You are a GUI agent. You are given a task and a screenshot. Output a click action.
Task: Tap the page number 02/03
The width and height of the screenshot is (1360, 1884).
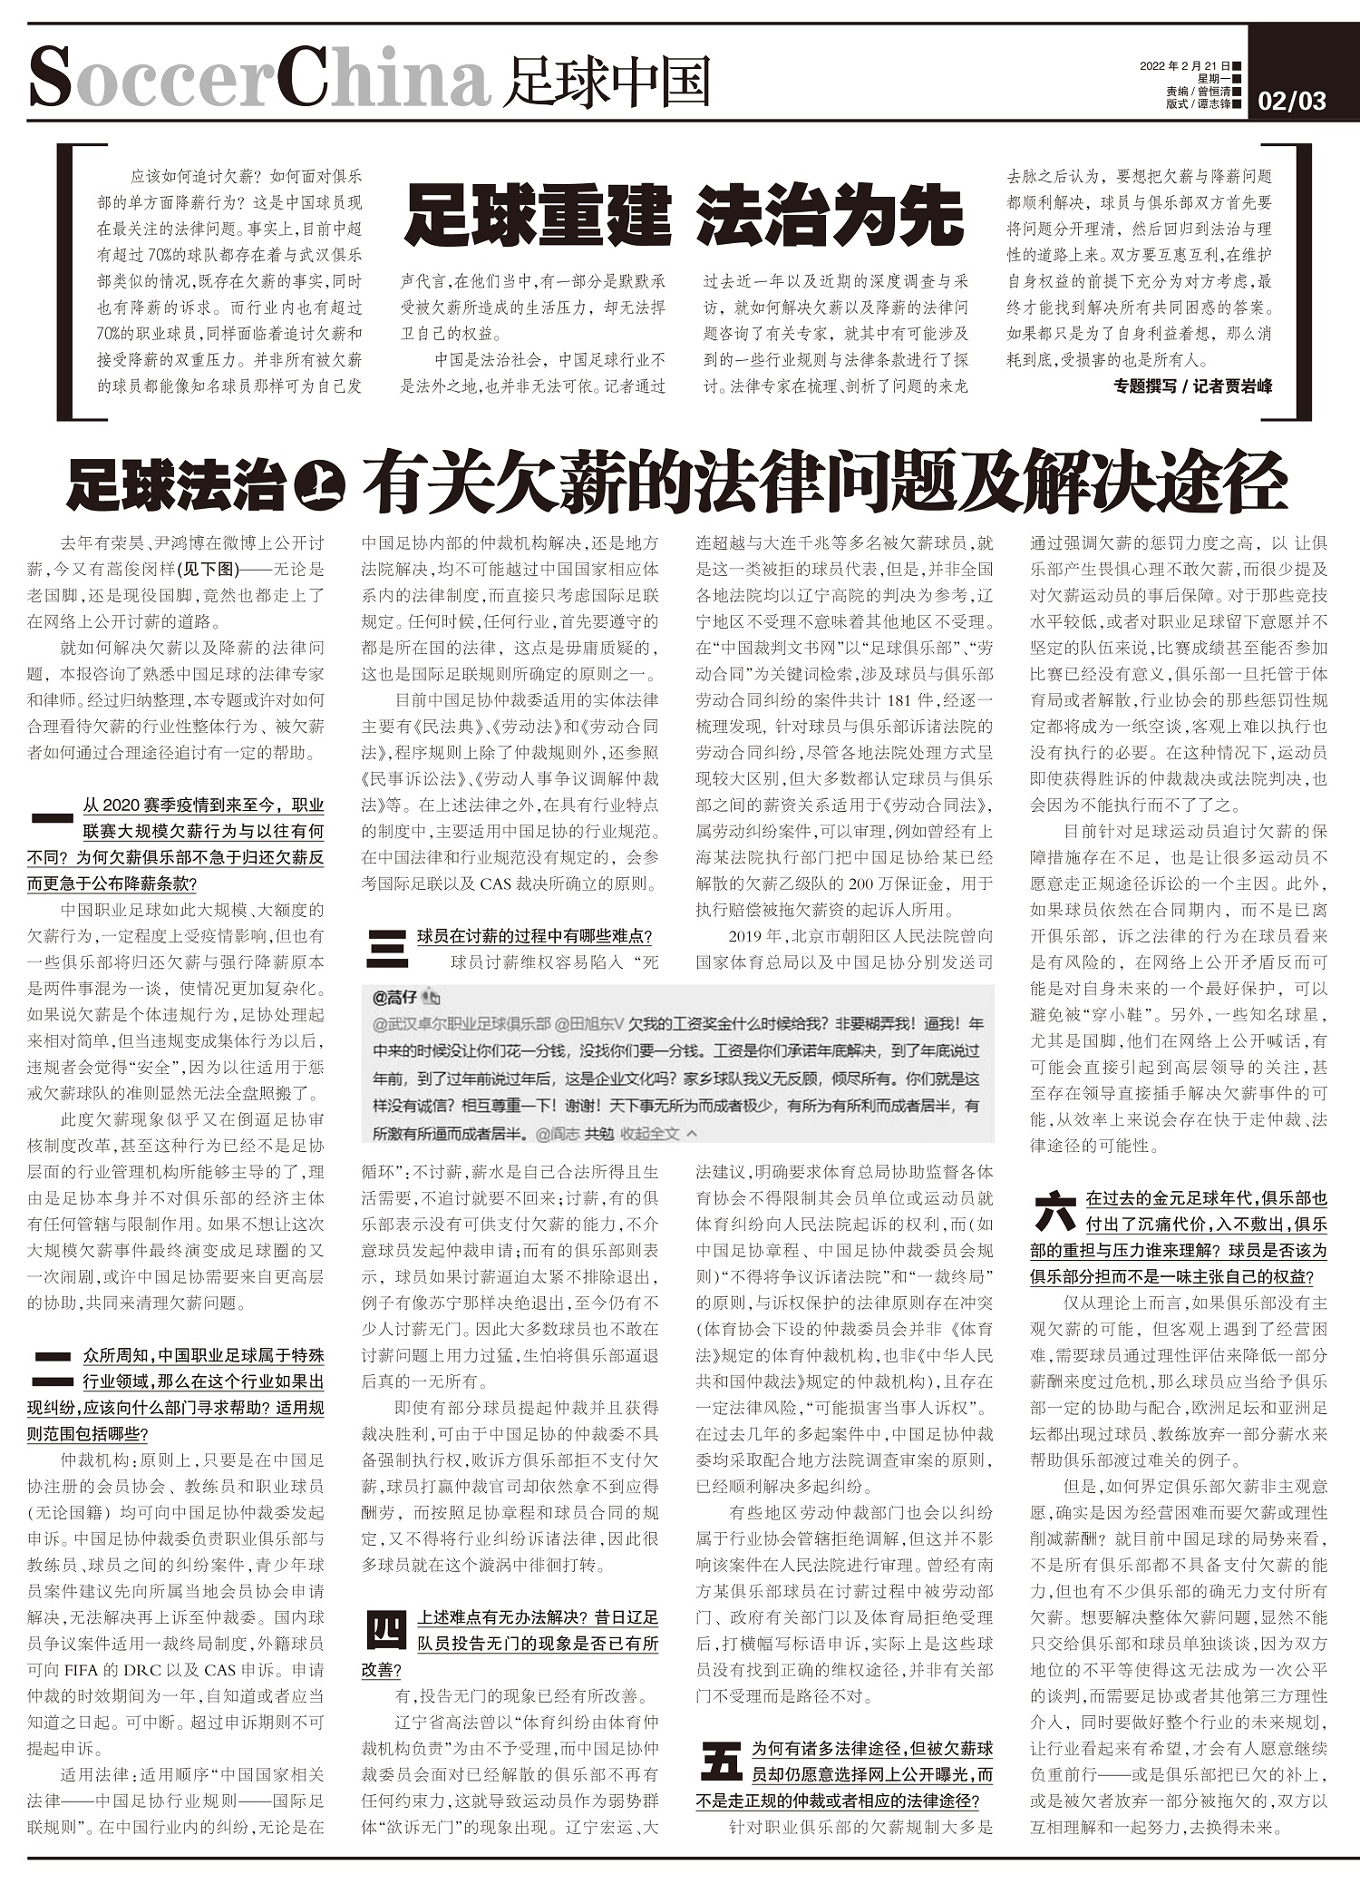pos(1292,101)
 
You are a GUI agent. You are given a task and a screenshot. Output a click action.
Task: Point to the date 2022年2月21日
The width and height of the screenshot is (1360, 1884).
pos(1184,66)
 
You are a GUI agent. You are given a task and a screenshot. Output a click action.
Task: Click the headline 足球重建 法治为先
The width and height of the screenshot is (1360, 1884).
pos(684,216)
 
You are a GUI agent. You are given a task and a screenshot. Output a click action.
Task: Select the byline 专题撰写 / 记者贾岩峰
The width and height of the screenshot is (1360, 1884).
pos(1192,386)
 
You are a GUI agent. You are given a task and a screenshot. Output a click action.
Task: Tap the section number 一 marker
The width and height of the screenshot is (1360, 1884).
pos(52,817)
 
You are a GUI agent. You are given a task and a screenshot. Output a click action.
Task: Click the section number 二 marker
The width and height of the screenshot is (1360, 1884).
pos(52,1370)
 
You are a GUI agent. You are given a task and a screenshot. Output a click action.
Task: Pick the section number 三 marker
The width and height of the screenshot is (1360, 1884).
pos(386,950)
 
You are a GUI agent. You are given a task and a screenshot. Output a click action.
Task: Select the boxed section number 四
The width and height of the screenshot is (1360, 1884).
pos(386,1630)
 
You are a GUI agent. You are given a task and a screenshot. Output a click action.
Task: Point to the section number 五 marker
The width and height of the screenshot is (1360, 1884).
pos(721,1762)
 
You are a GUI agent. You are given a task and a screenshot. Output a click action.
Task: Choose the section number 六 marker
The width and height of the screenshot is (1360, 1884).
pos(1054,1212)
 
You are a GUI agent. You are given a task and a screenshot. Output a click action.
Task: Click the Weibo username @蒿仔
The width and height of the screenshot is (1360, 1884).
pos(395,998)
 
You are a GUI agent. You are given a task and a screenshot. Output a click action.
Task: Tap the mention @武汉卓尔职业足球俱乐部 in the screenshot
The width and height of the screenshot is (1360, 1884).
pos(461,1024)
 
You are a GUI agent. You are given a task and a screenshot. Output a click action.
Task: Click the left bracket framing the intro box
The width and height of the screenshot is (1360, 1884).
pos(66,281)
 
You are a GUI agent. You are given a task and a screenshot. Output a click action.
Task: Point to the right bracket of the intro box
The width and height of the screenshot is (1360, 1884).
pos(1302,281)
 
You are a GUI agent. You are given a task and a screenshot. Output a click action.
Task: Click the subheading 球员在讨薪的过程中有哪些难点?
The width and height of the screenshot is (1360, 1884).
pos(534,936)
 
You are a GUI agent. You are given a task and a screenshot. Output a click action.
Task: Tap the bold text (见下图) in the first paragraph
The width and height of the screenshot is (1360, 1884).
pos(207,570)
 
